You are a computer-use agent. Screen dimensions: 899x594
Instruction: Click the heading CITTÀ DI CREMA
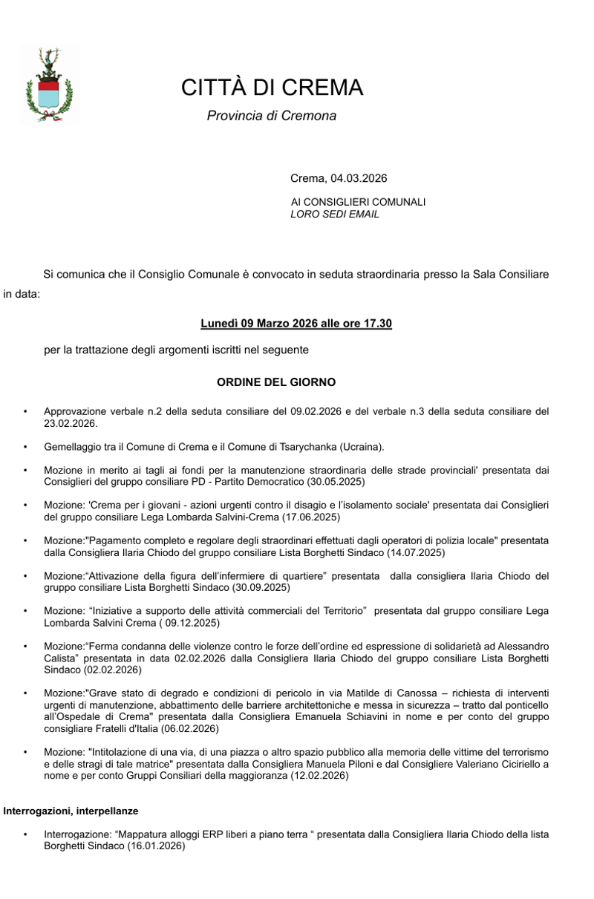[272, 88]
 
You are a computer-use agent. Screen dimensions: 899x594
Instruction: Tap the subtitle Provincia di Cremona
[271, 116]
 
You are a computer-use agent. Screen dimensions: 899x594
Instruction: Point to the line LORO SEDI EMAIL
[334, 214]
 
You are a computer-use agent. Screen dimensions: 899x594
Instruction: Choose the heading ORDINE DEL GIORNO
[275, 382]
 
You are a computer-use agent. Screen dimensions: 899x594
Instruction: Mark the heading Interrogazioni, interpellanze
[71, 811]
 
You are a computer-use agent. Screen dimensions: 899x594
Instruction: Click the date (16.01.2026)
[156, 846]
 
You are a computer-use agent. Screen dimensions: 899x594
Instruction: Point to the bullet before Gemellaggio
[25, 447]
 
